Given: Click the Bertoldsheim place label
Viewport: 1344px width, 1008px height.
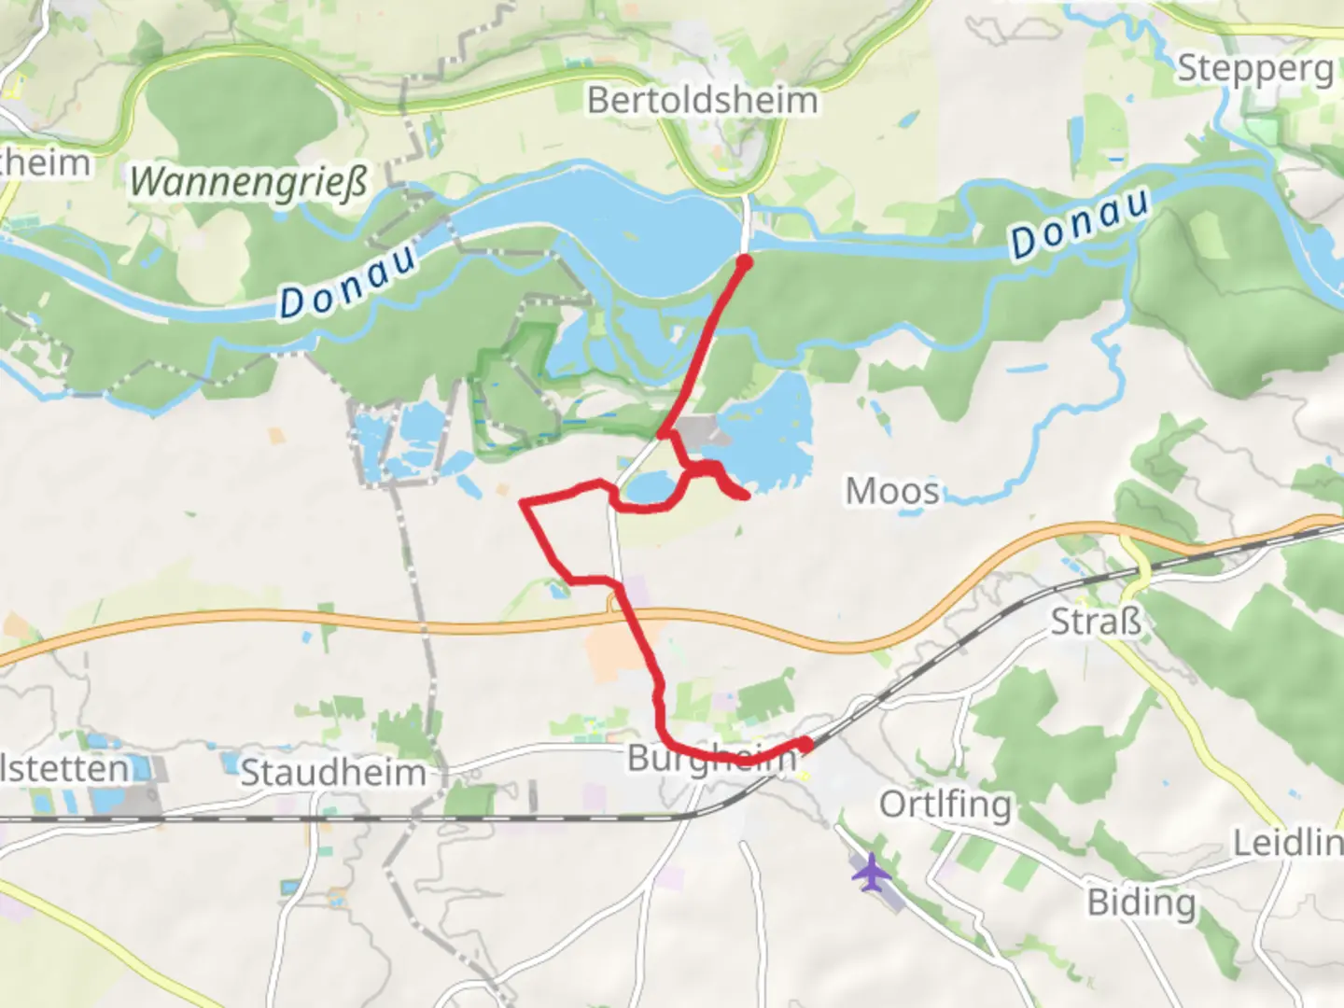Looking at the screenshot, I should [702, 100].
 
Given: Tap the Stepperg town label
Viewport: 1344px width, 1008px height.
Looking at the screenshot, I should [1254, 68].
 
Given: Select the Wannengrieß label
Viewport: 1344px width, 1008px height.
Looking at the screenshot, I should [248, 181].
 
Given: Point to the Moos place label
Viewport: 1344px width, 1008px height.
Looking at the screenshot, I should [891, 491].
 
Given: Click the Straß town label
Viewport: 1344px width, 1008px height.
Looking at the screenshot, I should [1096, 622].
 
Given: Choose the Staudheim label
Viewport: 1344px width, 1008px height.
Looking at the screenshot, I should [333, 773].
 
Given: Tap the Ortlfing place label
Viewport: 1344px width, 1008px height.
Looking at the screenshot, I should [945, 804].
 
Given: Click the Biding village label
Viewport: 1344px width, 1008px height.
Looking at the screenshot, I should [1141, 903].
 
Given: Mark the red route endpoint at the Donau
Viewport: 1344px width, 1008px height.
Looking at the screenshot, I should [744, 263].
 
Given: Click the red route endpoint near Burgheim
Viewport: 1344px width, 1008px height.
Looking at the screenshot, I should [805, 744].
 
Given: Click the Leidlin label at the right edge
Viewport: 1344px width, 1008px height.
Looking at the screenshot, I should [1288, 844].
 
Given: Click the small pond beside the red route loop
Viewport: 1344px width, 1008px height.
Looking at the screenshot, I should [650, 486].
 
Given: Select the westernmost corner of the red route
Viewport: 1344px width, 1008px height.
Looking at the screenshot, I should [524, 503].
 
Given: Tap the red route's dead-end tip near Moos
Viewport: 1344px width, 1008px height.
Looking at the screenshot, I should [747, 496].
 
